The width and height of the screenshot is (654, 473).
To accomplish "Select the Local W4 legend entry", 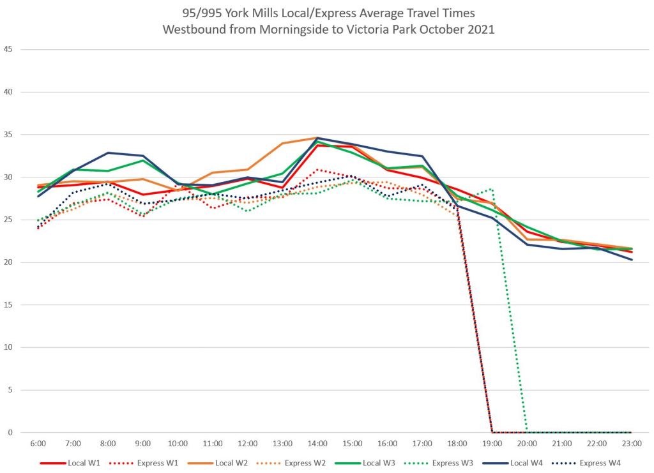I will pyautogui.click(x=538, y=463).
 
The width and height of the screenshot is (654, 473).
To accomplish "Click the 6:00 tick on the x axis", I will pyautogui.click(x=38, y=443).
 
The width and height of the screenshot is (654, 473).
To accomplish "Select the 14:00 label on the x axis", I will pyautogui.click(x=317, y=443).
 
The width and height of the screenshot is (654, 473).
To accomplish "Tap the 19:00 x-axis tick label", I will pyautogui.click(x=492, y=443).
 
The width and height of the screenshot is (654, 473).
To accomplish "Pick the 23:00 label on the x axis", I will pyautogui.click(x=631, y=443).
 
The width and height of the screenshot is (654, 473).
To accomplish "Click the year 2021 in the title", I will pyautogui.click(x=480, y=29).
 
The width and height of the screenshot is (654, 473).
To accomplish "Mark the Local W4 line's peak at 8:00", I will pyautogui.click(x=108, y=153).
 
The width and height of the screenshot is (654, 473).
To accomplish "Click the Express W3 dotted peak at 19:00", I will pyautogui.click(x=492, y=189).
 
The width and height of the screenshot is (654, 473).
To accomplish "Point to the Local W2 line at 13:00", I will pyautogui.click(x=282, y=143).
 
